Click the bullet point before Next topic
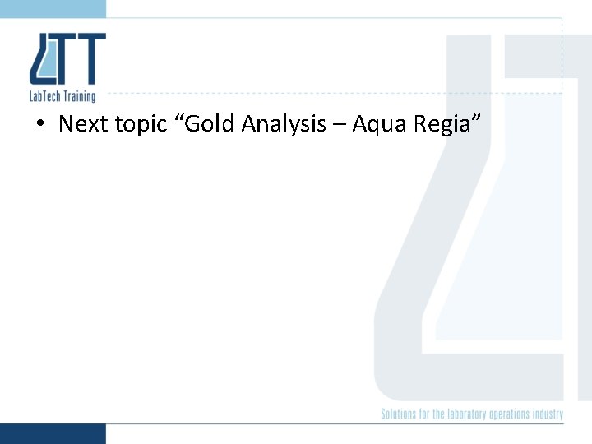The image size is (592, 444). [39, 125]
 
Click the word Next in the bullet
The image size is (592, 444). [83, 124]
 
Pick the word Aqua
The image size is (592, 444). [375, 125]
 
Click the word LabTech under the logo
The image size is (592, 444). [46, 96]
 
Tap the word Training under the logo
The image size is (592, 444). [81, 96]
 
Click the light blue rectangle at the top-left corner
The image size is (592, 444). [53, 8]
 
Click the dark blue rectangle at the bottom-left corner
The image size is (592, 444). [53, 433]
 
